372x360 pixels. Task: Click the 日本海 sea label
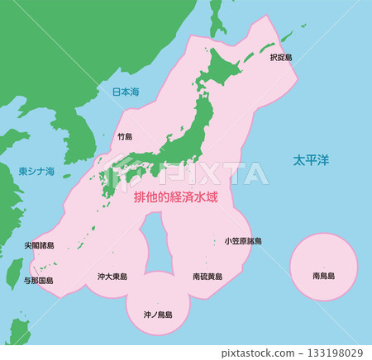tap(126, 92)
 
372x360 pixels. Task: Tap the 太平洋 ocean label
tap(310, 159)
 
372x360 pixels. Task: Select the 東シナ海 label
tap(36, 172)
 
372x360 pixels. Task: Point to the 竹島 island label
tap(125, 136)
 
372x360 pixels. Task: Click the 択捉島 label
tap(282, 58)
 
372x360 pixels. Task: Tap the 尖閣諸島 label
tap(39, 245)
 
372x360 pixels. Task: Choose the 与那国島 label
tap(38, 281)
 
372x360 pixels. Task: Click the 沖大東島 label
tap(112, 277)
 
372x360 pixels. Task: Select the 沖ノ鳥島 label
tap(158, 315)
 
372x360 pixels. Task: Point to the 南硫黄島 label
tap(207, 277)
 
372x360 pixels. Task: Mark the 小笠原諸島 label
tap(243, 241)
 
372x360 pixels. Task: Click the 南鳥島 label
tap(323, 275)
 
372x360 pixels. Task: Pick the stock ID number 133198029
tap(334, 353)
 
